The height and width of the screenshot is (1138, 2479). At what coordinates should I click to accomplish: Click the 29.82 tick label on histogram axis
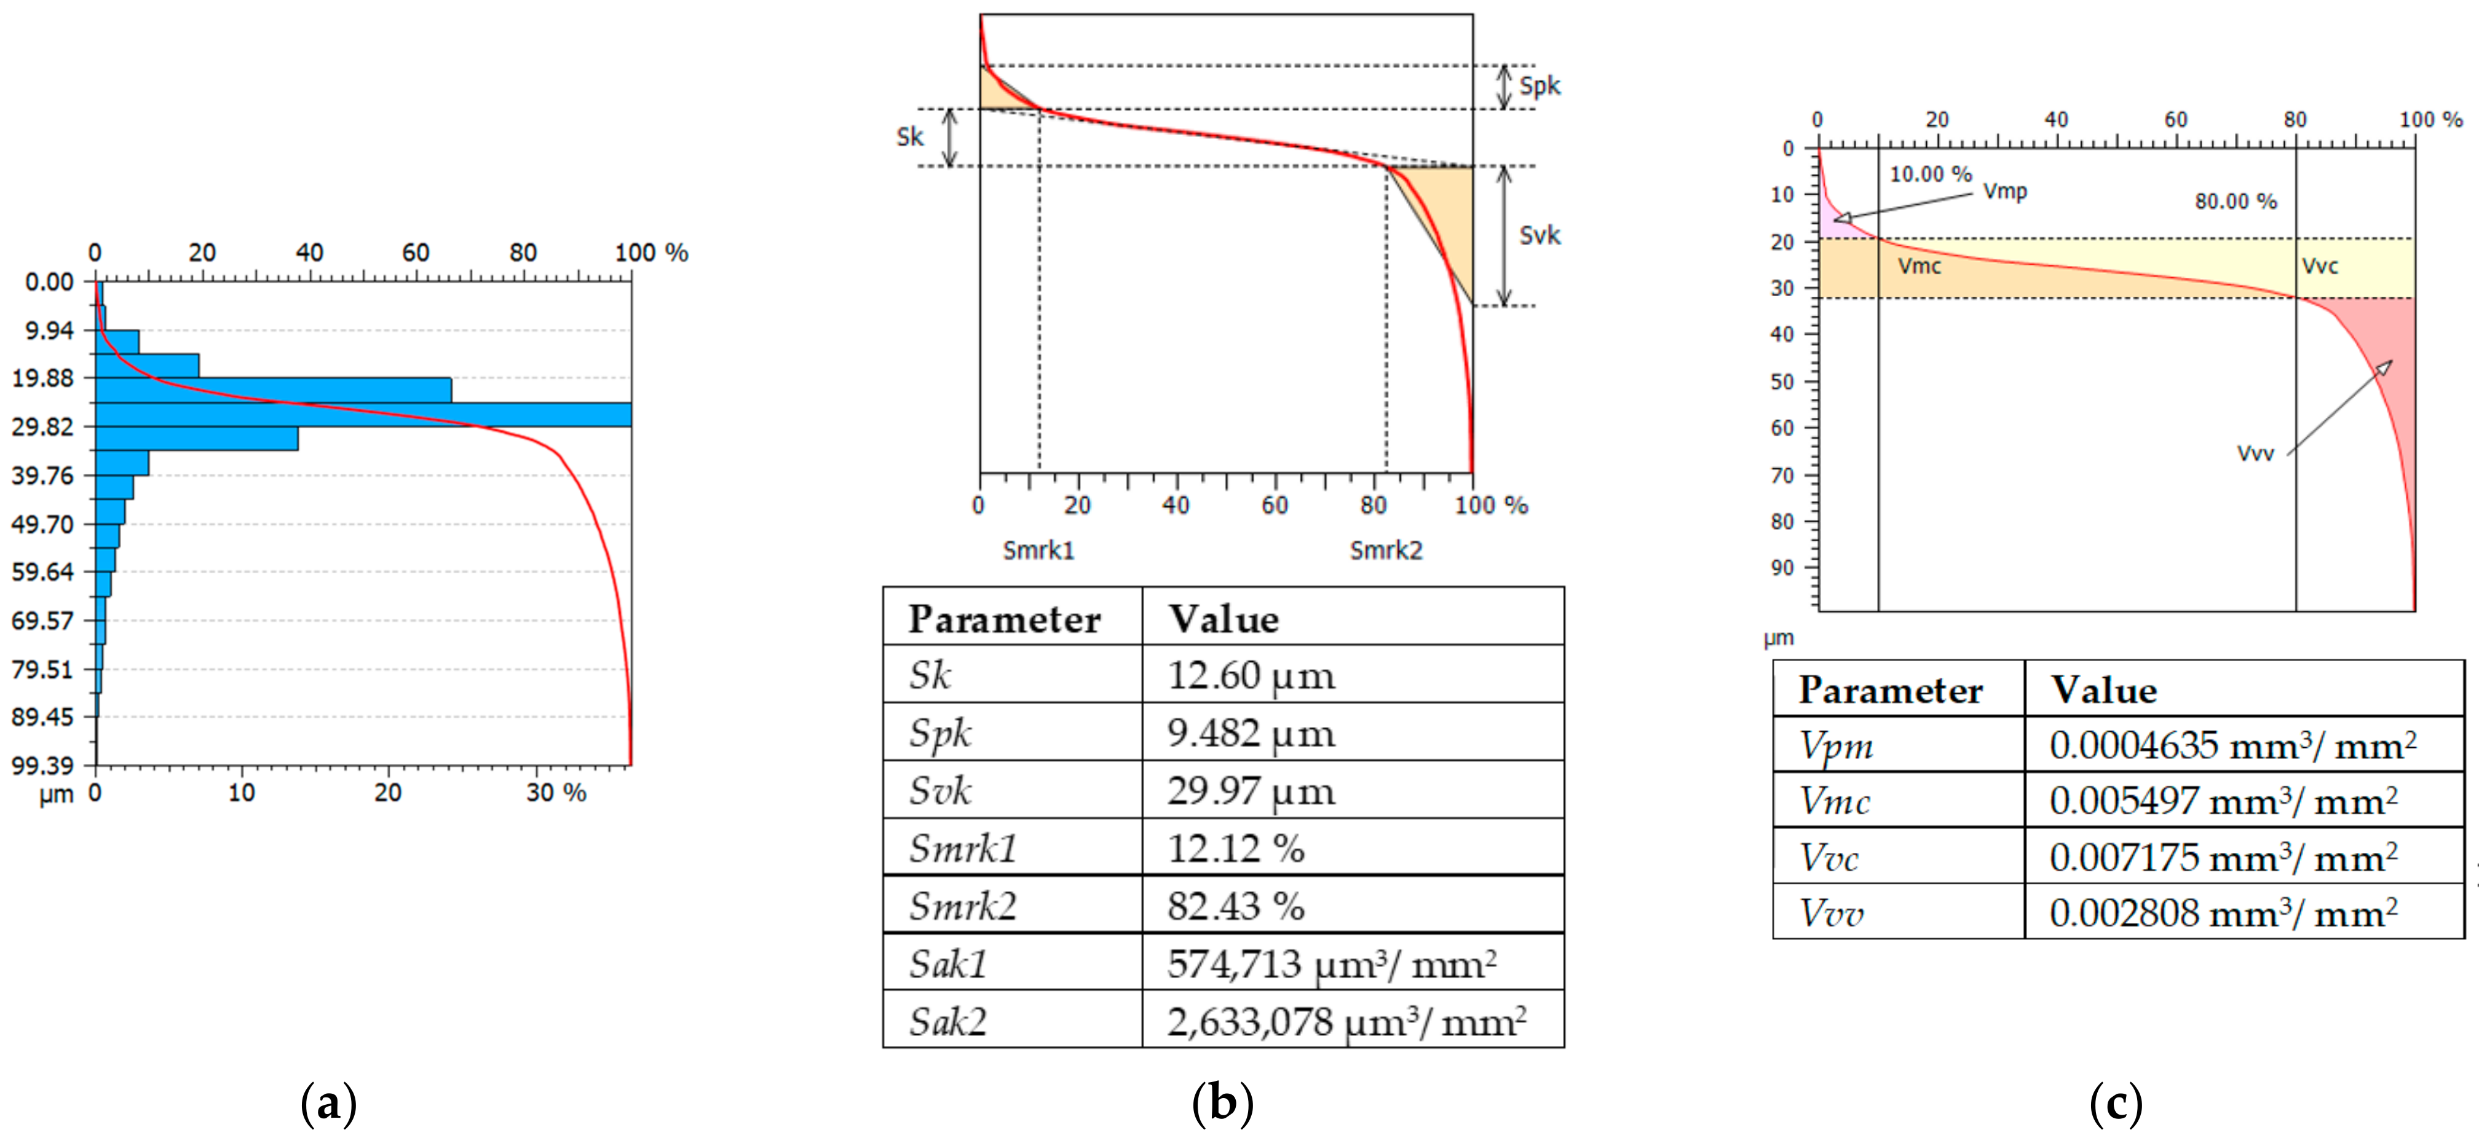(x=42, y=426)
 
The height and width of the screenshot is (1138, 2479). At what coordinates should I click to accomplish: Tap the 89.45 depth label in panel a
(x=42, y=716)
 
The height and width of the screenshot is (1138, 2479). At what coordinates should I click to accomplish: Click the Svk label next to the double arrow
(x=1539, y=236)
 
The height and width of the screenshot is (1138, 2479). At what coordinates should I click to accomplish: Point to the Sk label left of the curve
(x=909, y=136)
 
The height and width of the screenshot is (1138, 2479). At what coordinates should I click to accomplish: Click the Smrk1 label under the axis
(x=1038, y=550)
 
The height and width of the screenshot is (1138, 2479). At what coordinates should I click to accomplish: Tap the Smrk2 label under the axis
(x=1386, y=550)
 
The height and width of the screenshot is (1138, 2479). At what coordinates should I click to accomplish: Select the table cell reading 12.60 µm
(x=1251, y=675)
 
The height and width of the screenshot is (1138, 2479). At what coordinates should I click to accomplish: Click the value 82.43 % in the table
(x=1236, y=906)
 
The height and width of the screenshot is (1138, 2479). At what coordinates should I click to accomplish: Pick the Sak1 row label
(x=948, y=964)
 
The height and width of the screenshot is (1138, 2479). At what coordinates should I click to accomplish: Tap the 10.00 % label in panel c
(x=1931, y=174)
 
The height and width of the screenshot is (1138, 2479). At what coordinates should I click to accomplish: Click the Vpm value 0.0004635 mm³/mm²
(x=2232, y=745)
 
